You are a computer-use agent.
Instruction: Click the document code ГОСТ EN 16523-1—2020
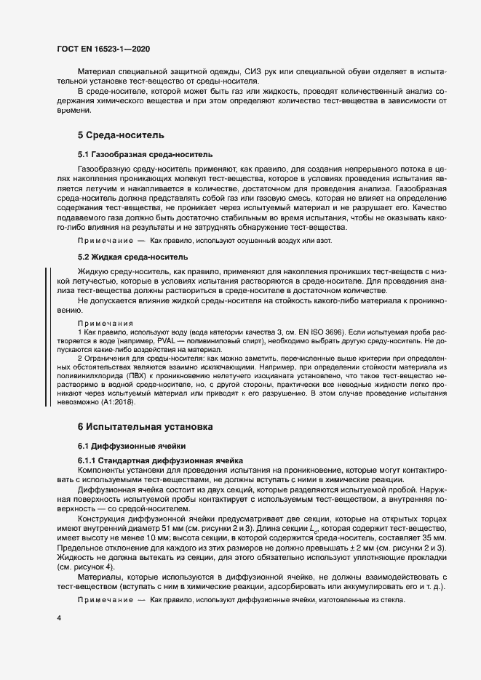104,49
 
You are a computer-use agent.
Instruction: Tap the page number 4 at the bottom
59,617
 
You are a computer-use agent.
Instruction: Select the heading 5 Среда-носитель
121,135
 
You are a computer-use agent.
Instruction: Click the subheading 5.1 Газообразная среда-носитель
145,154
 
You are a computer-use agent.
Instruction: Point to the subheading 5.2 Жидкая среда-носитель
132,257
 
